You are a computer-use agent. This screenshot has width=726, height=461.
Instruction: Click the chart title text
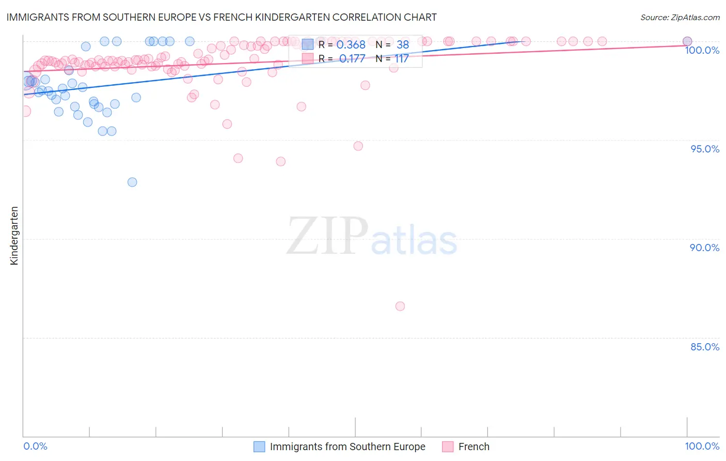[x=222, y=17]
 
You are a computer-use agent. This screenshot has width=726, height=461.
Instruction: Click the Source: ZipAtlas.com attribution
[x=680, y=17]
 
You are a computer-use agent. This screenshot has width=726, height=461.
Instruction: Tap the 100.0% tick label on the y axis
[x=702, y=50]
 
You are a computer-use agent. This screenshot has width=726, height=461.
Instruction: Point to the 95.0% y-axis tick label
[x=704, y=149]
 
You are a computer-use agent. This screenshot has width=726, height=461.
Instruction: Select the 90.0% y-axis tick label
[x=704, y=248]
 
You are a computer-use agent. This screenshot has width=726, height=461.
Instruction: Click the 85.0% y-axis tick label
[x=704, y=347]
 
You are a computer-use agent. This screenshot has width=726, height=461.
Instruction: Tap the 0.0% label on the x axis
[x=35, y=446]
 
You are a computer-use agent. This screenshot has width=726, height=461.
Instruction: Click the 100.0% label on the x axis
[x=702, y=446]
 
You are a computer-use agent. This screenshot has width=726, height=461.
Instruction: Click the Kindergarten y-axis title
[x=14, y=236]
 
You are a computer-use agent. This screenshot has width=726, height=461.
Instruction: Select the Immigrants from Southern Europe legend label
[x=348, y=447]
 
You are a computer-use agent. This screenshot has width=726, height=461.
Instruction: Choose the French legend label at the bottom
[x=474, y=447]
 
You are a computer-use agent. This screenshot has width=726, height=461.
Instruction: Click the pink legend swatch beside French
[x=448, y=447]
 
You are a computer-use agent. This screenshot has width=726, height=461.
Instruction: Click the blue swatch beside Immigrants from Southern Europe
[x=259, y=447]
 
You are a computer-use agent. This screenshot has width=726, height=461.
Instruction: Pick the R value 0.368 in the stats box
[x=351, y=45]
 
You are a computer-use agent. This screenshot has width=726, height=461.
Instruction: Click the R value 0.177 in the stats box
[x=352, y=58]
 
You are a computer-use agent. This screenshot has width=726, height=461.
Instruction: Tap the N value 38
[x=402, y=45]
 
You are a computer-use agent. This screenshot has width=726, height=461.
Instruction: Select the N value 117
[x=401, y=58]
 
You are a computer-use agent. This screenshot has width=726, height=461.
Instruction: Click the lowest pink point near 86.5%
[x=400, y=306]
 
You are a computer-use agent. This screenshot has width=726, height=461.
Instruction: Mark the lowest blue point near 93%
[x=132, y=182]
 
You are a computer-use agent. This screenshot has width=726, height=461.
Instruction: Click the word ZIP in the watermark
[x=327, y=237]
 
